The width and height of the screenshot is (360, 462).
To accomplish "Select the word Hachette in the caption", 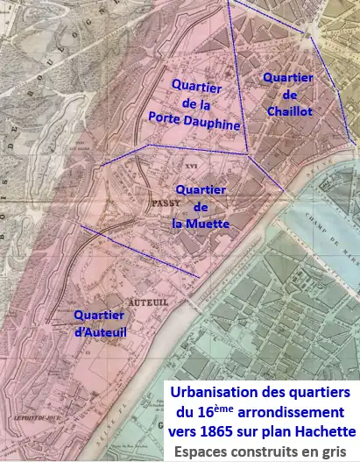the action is point(322,431).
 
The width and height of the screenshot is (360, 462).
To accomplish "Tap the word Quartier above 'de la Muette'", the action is point(201,189).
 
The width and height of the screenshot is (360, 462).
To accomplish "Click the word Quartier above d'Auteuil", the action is point(98,316).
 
